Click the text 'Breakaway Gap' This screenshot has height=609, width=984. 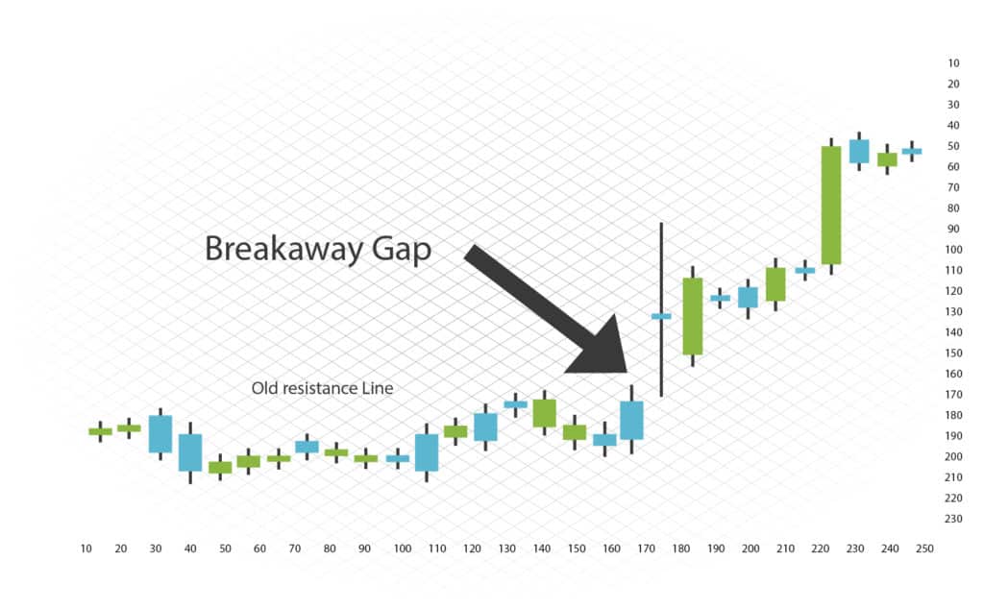(318, 249)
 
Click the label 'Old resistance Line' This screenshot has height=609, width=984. (322, 388)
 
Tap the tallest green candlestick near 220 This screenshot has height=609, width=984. (831, 207)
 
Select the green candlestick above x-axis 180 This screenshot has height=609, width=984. (693, 316)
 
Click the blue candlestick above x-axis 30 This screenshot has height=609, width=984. (160, 434)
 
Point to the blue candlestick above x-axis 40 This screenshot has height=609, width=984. (190, 452)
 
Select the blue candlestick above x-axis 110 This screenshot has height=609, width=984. (427, 452)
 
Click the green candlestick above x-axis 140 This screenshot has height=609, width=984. (544, 413)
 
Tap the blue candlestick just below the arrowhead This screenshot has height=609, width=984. (631, 420)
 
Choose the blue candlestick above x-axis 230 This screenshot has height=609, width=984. (859, 151)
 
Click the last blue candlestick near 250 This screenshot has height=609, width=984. (912, 151)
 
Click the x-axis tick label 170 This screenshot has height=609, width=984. (646, 548)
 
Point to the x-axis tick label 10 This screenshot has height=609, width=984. (86, 548)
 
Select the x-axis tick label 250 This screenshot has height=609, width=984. (924, 548)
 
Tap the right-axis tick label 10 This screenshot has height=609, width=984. (953, 63)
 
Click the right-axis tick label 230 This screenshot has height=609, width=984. (953, 519)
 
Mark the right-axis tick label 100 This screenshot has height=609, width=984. (953, 250)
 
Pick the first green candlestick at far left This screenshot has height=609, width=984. (100, 431)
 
